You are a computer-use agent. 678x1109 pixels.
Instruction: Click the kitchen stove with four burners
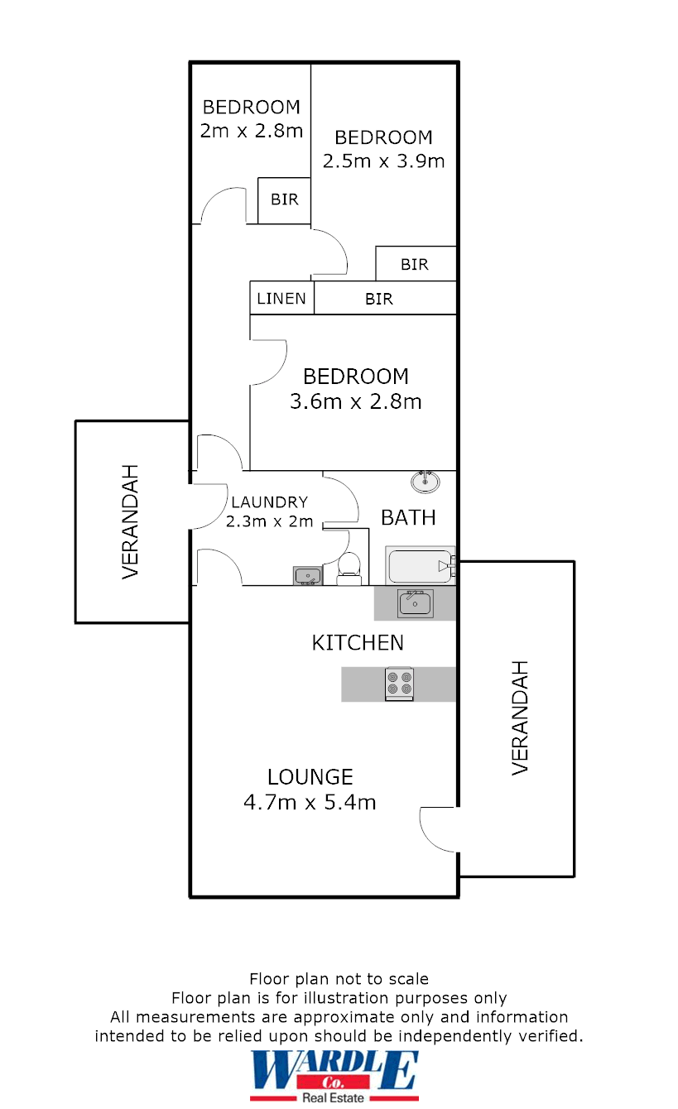(x=399, y=684)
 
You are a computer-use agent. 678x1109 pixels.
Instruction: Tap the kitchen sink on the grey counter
(x=415, y=603)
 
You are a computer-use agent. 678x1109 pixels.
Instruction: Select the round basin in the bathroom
(x=426, y=481)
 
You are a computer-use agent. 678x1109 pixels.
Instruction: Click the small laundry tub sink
(x=307, y=575)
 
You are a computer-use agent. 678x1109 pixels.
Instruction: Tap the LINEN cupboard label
(x=281, y=299)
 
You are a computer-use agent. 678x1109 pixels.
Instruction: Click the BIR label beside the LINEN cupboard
(x=379, y=299)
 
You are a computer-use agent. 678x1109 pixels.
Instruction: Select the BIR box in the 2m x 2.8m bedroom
(x=284, y=200)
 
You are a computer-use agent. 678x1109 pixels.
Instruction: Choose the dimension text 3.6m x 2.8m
(x=356, y=402)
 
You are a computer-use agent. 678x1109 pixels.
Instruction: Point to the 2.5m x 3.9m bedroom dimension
(x=383, y=161)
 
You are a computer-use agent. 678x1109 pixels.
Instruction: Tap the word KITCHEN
(x=358, y=642)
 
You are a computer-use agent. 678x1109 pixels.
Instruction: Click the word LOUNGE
(x=310, y=777)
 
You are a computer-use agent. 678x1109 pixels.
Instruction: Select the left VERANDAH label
(x=130, y=521)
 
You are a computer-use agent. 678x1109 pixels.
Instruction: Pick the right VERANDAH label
(x=519, y=718)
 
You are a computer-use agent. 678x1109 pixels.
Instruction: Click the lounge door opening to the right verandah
(x=439, y=828)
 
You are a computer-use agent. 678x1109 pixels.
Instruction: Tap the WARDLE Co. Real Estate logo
(x=335, y=1075)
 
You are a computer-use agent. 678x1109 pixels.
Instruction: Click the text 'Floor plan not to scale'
(x=339, y=979)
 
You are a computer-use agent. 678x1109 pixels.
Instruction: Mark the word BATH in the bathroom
(x=408, y=517)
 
